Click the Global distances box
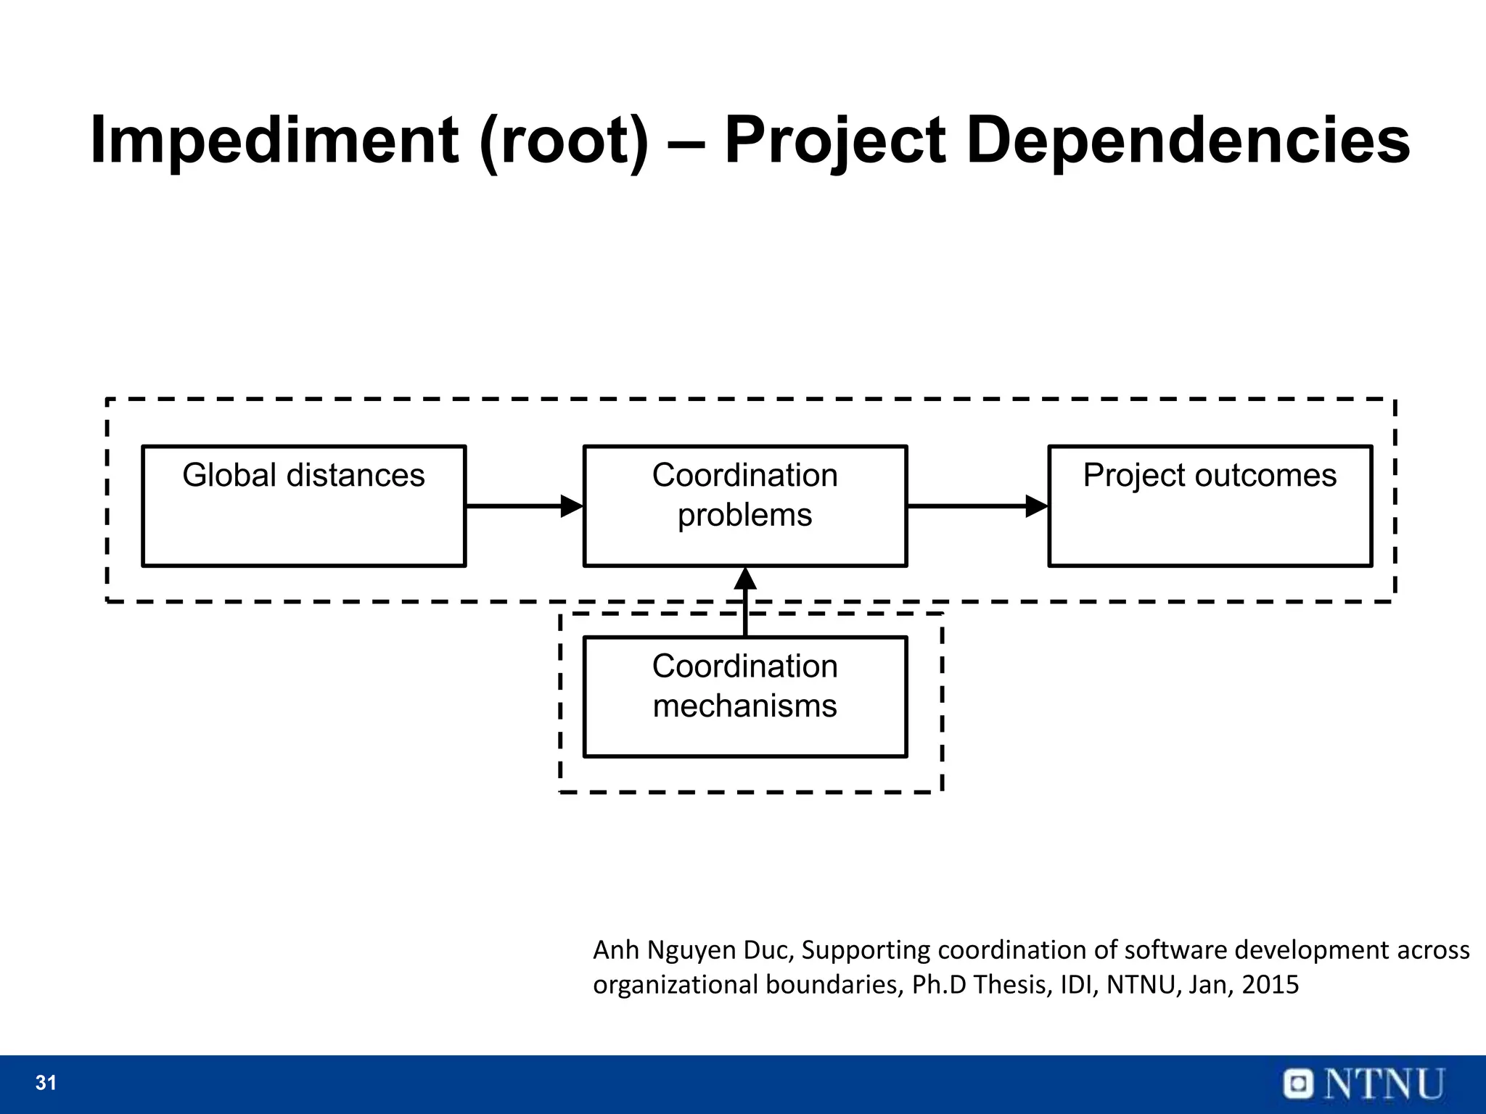tap(303, 506)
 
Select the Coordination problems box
tap(745, 506)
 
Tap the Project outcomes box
tap(1210, 506)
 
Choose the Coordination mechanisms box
tap(745, 696)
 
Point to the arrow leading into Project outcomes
tap(977, 506)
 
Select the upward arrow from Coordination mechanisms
tap(745, 602)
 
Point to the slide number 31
tap(46, 1083)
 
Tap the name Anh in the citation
tap(616, 949)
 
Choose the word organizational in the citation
tap(675, 984)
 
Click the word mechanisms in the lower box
tap(745, 706)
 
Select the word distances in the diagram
tap(356, 475)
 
